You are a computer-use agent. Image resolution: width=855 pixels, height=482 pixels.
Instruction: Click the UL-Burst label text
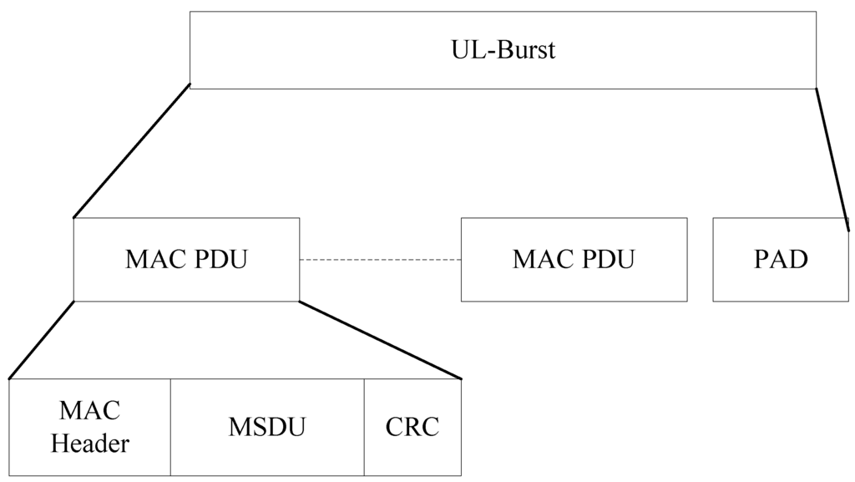503,50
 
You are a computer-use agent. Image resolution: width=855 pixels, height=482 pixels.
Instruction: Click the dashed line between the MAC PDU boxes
380,260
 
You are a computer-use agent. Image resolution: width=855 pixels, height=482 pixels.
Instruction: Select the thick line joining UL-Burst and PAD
832,157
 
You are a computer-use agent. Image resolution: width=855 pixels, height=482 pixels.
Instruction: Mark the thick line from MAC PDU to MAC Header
42,340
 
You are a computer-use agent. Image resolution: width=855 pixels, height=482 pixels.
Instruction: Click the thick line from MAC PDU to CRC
380,340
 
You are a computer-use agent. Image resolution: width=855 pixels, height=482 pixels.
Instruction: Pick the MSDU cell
267,427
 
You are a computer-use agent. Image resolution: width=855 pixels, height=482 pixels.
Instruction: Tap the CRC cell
412,427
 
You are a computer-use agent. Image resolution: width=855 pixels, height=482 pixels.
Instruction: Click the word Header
90,444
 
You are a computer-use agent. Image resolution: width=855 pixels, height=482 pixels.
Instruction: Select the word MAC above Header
90,411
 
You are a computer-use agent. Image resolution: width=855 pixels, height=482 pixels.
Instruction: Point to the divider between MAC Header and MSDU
171,427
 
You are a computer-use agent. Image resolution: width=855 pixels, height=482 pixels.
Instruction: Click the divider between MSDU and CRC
364,427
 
